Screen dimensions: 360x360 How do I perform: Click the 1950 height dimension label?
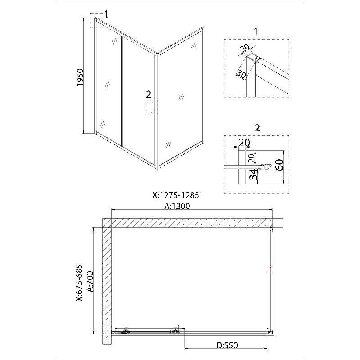coord(80,77)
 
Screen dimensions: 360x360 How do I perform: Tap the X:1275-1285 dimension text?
coord(175,195)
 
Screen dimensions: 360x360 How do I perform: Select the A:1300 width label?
coord(177,206)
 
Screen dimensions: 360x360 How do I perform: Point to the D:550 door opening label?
coord(227,345)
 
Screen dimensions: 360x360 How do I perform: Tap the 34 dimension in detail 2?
coord(253,174)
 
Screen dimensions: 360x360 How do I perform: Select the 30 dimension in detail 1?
coord(241,74)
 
